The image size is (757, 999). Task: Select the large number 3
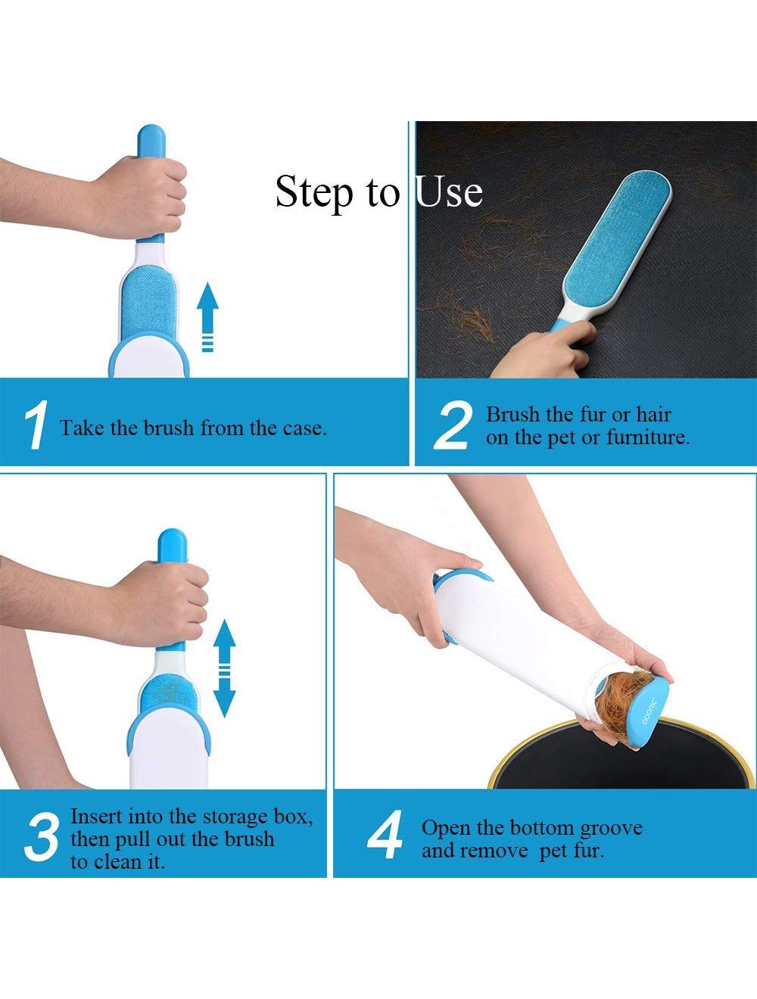[42, 838]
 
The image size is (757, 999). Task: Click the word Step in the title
[314, 193]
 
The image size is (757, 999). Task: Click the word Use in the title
[449, 191]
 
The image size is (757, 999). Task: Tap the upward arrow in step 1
[207, 317]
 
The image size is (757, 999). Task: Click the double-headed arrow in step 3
[224, 668]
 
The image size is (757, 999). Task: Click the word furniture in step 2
[648, 437]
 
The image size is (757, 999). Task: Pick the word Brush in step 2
[512, 415]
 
